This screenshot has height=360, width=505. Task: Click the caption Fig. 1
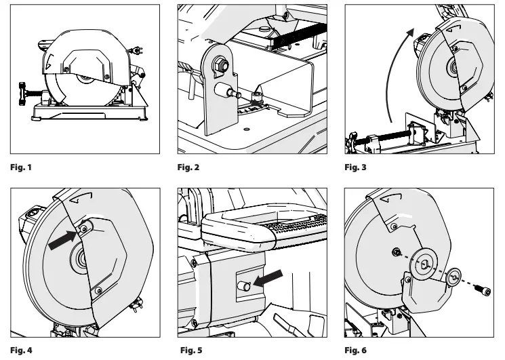click(x=19, y=166)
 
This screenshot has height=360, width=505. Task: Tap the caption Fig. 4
click(x=20, y=351)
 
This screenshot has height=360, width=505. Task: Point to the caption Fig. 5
click(x=190, y=351)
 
